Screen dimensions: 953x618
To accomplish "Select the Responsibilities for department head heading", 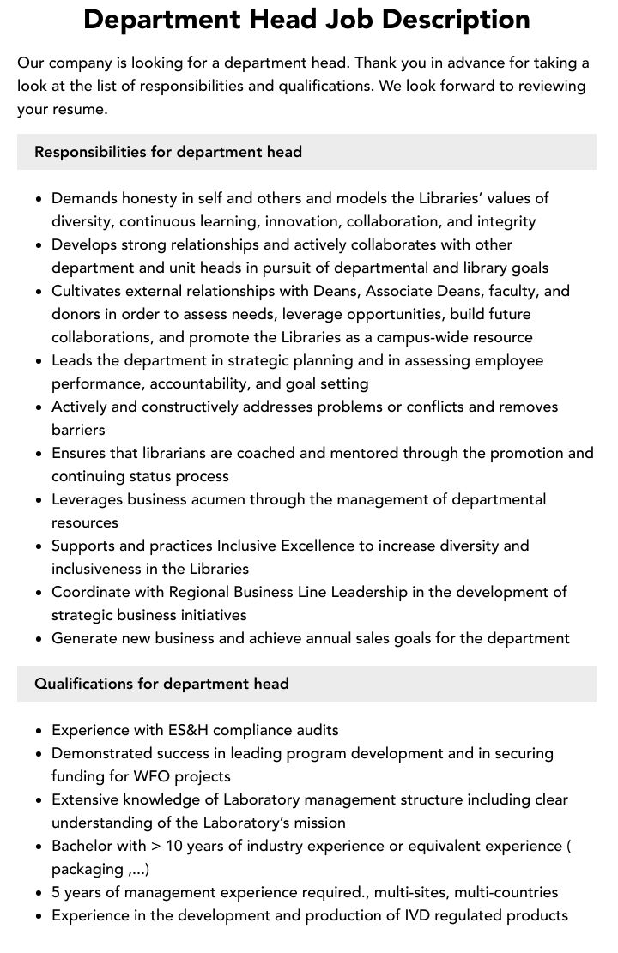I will [x=168, y=152].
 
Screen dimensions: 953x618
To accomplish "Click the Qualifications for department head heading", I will [x=161, y=684].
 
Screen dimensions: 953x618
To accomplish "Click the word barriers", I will [x=78, y=430].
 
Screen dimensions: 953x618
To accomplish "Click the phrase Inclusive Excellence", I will [x=287, y=546].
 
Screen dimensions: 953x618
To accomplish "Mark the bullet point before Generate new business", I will [x=39, y=639].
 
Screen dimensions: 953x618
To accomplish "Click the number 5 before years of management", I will [x=57, y=892].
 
